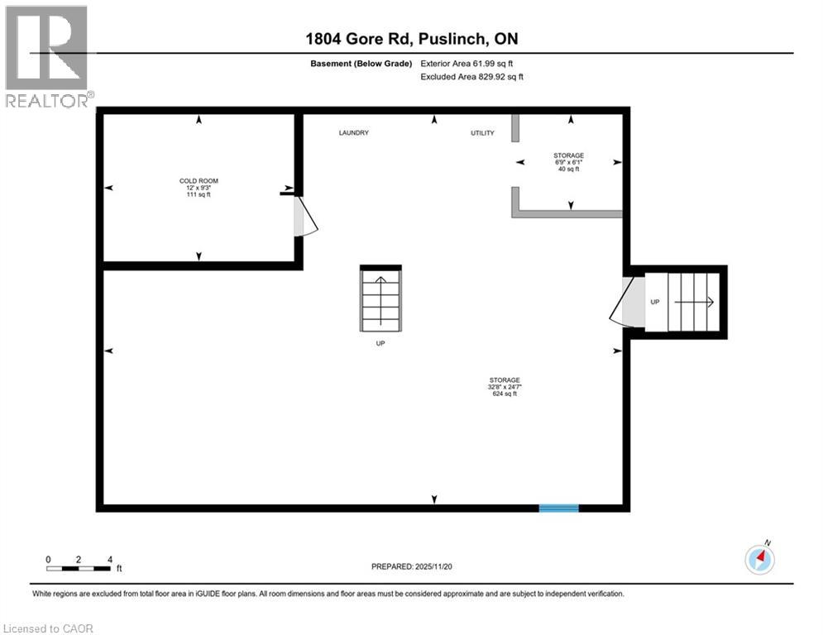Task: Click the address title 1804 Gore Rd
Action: [x=410, y=39]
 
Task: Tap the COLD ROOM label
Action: [x=199, y=180]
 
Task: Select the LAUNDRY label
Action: [x=353, y=133]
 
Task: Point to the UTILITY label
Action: [x=481, y=133]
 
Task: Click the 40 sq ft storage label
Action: [x=569, y=169]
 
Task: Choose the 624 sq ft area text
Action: [x=503, y=394]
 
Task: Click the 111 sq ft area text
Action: [x=199, y=195]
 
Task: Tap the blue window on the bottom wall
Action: [x=558, y=508]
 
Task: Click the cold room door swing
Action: [x=304, y=217]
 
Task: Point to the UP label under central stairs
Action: [x=380, y=343]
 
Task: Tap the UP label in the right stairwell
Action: [x=654, y=303]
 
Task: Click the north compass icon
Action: [x=759, y=560]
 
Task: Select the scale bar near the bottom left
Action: [x=79, y=567]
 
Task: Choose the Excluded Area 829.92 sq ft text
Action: [x=471, y=77]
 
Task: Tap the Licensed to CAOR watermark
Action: [x=49, y=628]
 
